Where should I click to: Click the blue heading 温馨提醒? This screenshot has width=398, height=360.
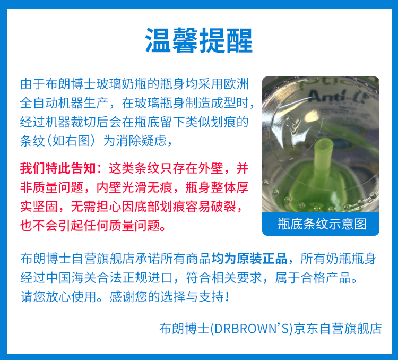[199, 40]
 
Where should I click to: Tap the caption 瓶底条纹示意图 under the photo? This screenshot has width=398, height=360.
[322, 224]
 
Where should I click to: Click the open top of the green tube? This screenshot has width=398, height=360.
[324, 145]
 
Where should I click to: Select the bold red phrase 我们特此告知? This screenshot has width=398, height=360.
[58, 168]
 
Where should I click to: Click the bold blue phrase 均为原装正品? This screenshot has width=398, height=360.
[249, 259]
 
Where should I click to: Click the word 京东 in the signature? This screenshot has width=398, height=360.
[306, 328]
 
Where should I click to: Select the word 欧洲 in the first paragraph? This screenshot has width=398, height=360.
[236, 84]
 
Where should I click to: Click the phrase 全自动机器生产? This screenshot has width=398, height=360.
[64, 103]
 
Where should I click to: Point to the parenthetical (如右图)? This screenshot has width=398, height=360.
[71, 141]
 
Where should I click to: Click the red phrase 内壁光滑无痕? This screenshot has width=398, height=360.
[134, 187]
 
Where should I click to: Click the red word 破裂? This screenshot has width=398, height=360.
[223, 207]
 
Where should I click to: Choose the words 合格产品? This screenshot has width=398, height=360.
[326, 277]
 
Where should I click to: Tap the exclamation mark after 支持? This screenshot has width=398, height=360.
[227, 296]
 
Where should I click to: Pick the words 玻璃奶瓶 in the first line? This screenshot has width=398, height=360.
[122, 84]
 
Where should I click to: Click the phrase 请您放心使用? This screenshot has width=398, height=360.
[58, 296]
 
